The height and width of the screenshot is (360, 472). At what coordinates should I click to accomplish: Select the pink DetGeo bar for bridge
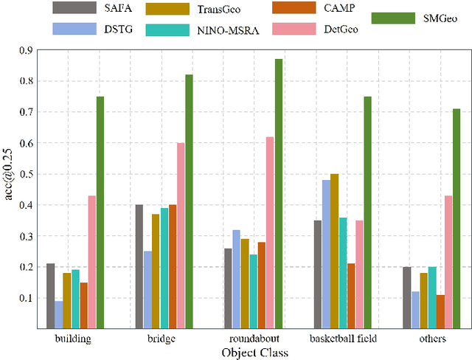(181, 235)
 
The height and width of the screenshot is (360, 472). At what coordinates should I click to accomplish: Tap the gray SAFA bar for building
(50, 296)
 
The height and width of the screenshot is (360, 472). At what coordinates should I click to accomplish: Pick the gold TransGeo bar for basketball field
(334, 251)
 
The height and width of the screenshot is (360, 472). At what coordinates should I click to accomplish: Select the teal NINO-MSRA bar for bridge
(164, 268)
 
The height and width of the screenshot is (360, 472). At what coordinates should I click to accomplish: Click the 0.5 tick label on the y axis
(27, 174)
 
